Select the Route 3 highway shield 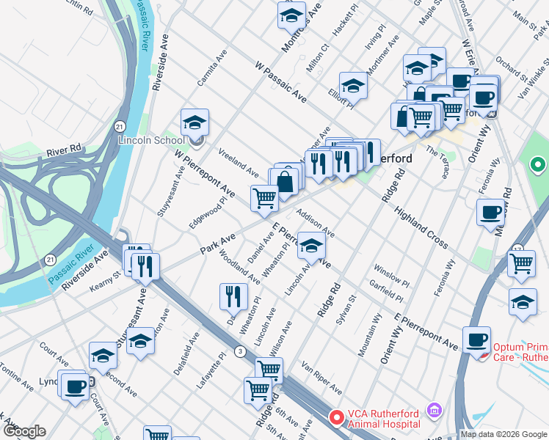(x=240, y=351)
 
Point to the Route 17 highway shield (x=517, y=249)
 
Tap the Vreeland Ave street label (x=239, y=162)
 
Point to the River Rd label (x=64, y=151)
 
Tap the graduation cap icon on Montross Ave (x=291, y=14)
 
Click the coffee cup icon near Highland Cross (x=490, y=213)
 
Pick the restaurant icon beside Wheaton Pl (x=233, y=296)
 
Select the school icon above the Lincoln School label (x=194, y=122)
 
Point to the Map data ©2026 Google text (x=503, y=434)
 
